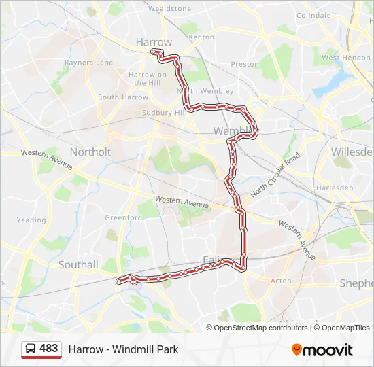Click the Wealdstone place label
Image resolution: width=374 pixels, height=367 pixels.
point(169,9)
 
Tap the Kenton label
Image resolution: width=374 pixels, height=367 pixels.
point(202,37)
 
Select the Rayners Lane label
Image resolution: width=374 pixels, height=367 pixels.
point(88,63)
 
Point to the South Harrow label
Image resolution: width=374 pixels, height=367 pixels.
point(122,97)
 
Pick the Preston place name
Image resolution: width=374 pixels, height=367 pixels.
point(245,64)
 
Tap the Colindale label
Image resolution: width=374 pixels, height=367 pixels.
point(313,15)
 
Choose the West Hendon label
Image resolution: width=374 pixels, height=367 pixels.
point(345,58)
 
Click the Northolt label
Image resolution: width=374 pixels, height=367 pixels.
point(90,152)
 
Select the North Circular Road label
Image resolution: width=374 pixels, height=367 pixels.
point(275,175)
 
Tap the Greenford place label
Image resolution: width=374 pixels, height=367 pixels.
point(123,217)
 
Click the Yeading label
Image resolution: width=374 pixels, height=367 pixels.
point(31,220)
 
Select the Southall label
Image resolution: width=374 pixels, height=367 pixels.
point(78,264)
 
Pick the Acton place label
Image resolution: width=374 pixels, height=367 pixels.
point(281,280)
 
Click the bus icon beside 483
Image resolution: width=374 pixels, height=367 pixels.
point(31,349)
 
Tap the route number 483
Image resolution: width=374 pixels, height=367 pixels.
point(49,349)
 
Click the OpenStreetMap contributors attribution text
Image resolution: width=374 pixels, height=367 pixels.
point(260,328)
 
